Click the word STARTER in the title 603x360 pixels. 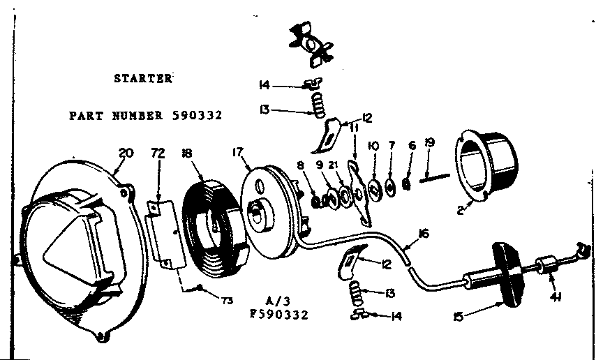click(142, 78)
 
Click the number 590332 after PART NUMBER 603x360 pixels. click(197, 115)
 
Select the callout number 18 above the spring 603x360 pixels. click(186, 153)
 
